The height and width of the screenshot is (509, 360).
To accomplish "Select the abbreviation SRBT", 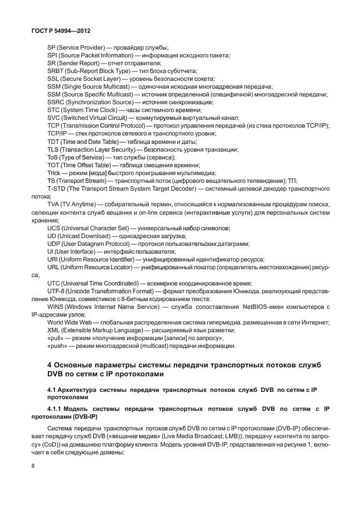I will [56, 71].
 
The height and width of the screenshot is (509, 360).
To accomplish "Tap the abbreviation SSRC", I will [56, 103].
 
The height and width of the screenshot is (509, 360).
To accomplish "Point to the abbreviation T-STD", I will [57, 189].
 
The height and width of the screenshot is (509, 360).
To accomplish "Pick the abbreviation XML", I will [54, 331].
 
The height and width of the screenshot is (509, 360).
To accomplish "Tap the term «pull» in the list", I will [57, 338].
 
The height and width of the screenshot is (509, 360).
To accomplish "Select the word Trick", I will [56, 173].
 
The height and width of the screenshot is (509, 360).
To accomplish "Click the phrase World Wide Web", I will [69, 323].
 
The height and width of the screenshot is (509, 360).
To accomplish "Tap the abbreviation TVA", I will [55, 205].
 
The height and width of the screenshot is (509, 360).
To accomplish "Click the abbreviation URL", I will [54, 268].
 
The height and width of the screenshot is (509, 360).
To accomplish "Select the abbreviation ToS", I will [54, 157].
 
